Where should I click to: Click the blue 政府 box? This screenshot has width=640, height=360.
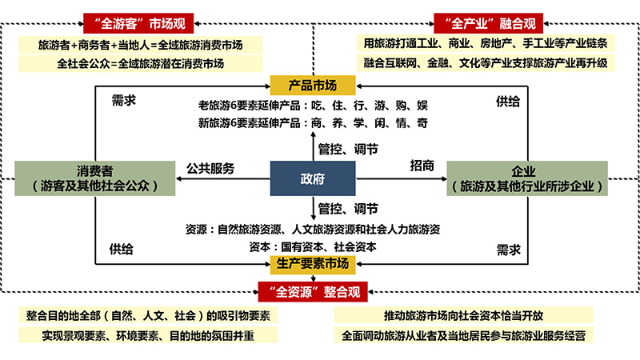[x=313, y=178]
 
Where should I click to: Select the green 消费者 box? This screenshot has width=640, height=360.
[x=95, y=178]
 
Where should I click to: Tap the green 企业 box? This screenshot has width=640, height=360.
[x=527, y=178]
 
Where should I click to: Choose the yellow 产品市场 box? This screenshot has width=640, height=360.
[x=313, y=86]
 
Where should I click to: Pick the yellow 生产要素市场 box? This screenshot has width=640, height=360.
[x=313, y=264]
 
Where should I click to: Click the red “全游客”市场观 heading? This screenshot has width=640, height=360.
[x=138, y=23]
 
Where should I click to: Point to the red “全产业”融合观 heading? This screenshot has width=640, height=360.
[x=489, y=23]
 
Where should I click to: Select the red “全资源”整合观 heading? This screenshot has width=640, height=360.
[x=313, y=292]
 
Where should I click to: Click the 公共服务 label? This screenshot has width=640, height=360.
[x=210, y=168]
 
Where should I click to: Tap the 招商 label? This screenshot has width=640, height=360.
[x=422, y=166]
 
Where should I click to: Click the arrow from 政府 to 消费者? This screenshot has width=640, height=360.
[x=223, y=178]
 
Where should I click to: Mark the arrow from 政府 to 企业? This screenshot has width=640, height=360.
[x=402, y=178]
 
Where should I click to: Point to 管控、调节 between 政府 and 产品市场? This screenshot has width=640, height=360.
[x=348, y=149]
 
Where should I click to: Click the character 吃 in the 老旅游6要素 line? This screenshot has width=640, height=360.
[x=316, y=106]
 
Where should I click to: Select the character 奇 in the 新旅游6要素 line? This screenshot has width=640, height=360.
[x=422, y=123]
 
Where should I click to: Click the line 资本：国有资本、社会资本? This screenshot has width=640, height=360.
[x=313, y=247]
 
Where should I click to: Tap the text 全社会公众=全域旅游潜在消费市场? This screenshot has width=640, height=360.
[x=141, y=64]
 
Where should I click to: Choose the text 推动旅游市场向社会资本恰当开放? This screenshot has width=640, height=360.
[x=463, y=315]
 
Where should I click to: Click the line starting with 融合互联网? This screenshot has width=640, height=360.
[x=486, y=63]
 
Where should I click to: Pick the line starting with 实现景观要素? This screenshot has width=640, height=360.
[x=148, y=335]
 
